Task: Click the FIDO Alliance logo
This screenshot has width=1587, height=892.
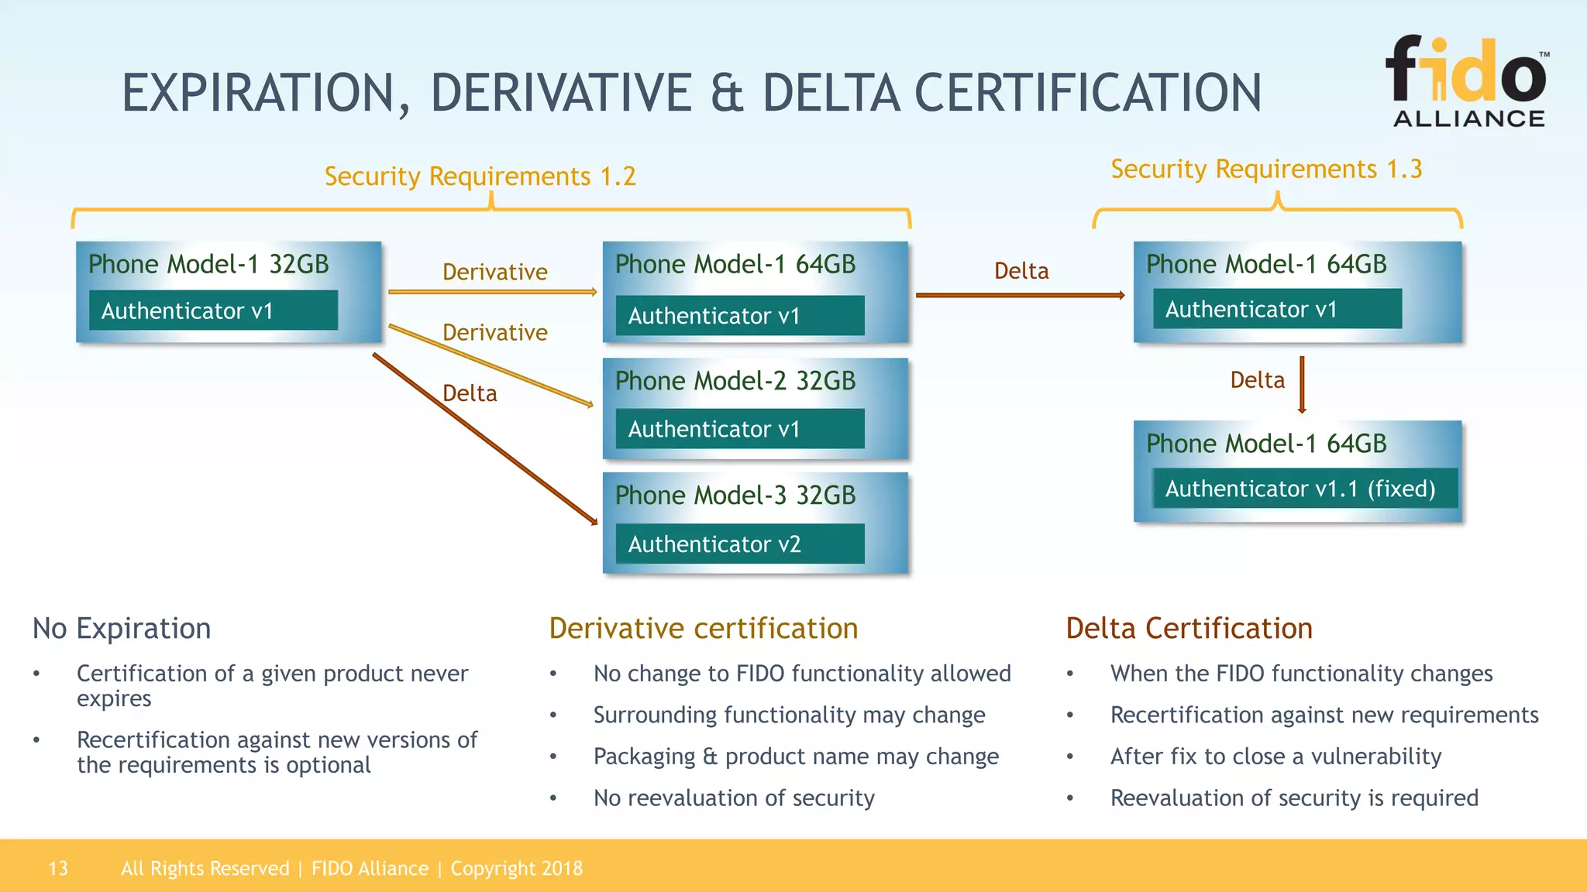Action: click(x=1467, y=81)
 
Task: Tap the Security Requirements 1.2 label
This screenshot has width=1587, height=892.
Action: click(x=480, y=177)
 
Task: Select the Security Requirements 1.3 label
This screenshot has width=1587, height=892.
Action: click(x=1266, y=169)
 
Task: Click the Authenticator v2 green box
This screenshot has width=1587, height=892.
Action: click(x=739, y=544)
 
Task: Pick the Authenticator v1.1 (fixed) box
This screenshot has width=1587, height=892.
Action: click(x=1303, y=489)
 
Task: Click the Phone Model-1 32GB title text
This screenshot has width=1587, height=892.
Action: click(x=208, y=264)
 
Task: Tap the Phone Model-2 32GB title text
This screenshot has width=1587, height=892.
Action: click(x=735, y=381)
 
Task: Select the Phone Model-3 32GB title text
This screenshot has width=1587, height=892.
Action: click(x=735, y=496)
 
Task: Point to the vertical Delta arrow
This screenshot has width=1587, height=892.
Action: click(x=1302, y=384)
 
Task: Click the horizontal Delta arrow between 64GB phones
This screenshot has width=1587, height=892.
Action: click(x=1019, y=295)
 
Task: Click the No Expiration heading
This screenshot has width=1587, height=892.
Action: click(x=122, y=628)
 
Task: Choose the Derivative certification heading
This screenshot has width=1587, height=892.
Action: click(x=703, y=628)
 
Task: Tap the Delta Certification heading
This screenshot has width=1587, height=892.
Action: click(x=1189, y=628)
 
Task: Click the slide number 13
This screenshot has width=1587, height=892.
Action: click(x=58, y=868)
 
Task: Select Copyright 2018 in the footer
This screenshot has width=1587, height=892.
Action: click(x=516, y=868)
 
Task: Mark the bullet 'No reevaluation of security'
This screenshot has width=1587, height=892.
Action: click(x=733, y=798)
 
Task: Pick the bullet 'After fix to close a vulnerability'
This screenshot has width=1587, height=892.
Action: click(x=1275, y=756)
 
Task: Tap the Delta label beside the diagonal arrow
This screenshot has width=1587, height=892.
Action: click(x=470, y=393)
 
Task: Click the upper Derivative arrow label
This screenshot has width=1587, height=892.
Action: click(x=494, y=272)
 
